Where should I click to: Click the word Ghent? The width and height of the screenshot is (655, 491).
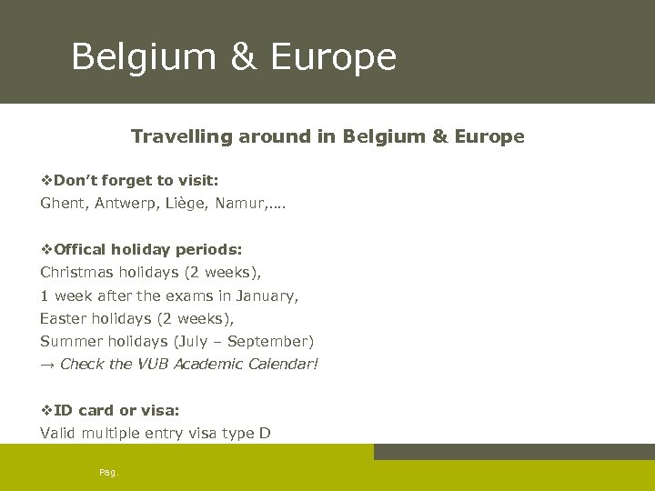click(x=61, y=204)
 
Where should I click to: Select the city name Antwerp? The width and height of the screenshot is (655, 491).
click(x=126, y=204)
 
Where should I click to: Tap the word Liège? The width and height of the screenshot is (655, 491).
click(x=188, y=204)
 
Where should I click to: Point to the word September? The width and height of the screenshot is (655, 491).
click(x=267, y=341)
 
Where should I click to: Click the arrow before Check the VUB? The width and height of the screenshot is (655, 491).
click(x=46, y=365)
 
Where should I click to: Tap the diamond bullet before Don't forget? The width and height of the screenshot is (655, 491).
click(x=46, y=180)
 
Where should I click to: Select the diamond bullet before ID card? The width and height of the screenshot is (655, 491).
click(x=46, y=410)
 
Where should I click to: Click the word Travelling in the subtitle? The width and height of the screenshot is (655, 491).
click(x=182, y=136)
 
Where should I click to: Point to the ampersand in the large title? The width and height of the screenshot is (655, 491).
click(x=243, y=56)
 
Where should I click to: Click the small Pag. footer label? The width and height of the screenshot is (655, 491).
click(x=108, y=471)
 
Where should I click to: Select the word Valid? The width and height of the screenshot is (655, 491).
click(x=58, y=433)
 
